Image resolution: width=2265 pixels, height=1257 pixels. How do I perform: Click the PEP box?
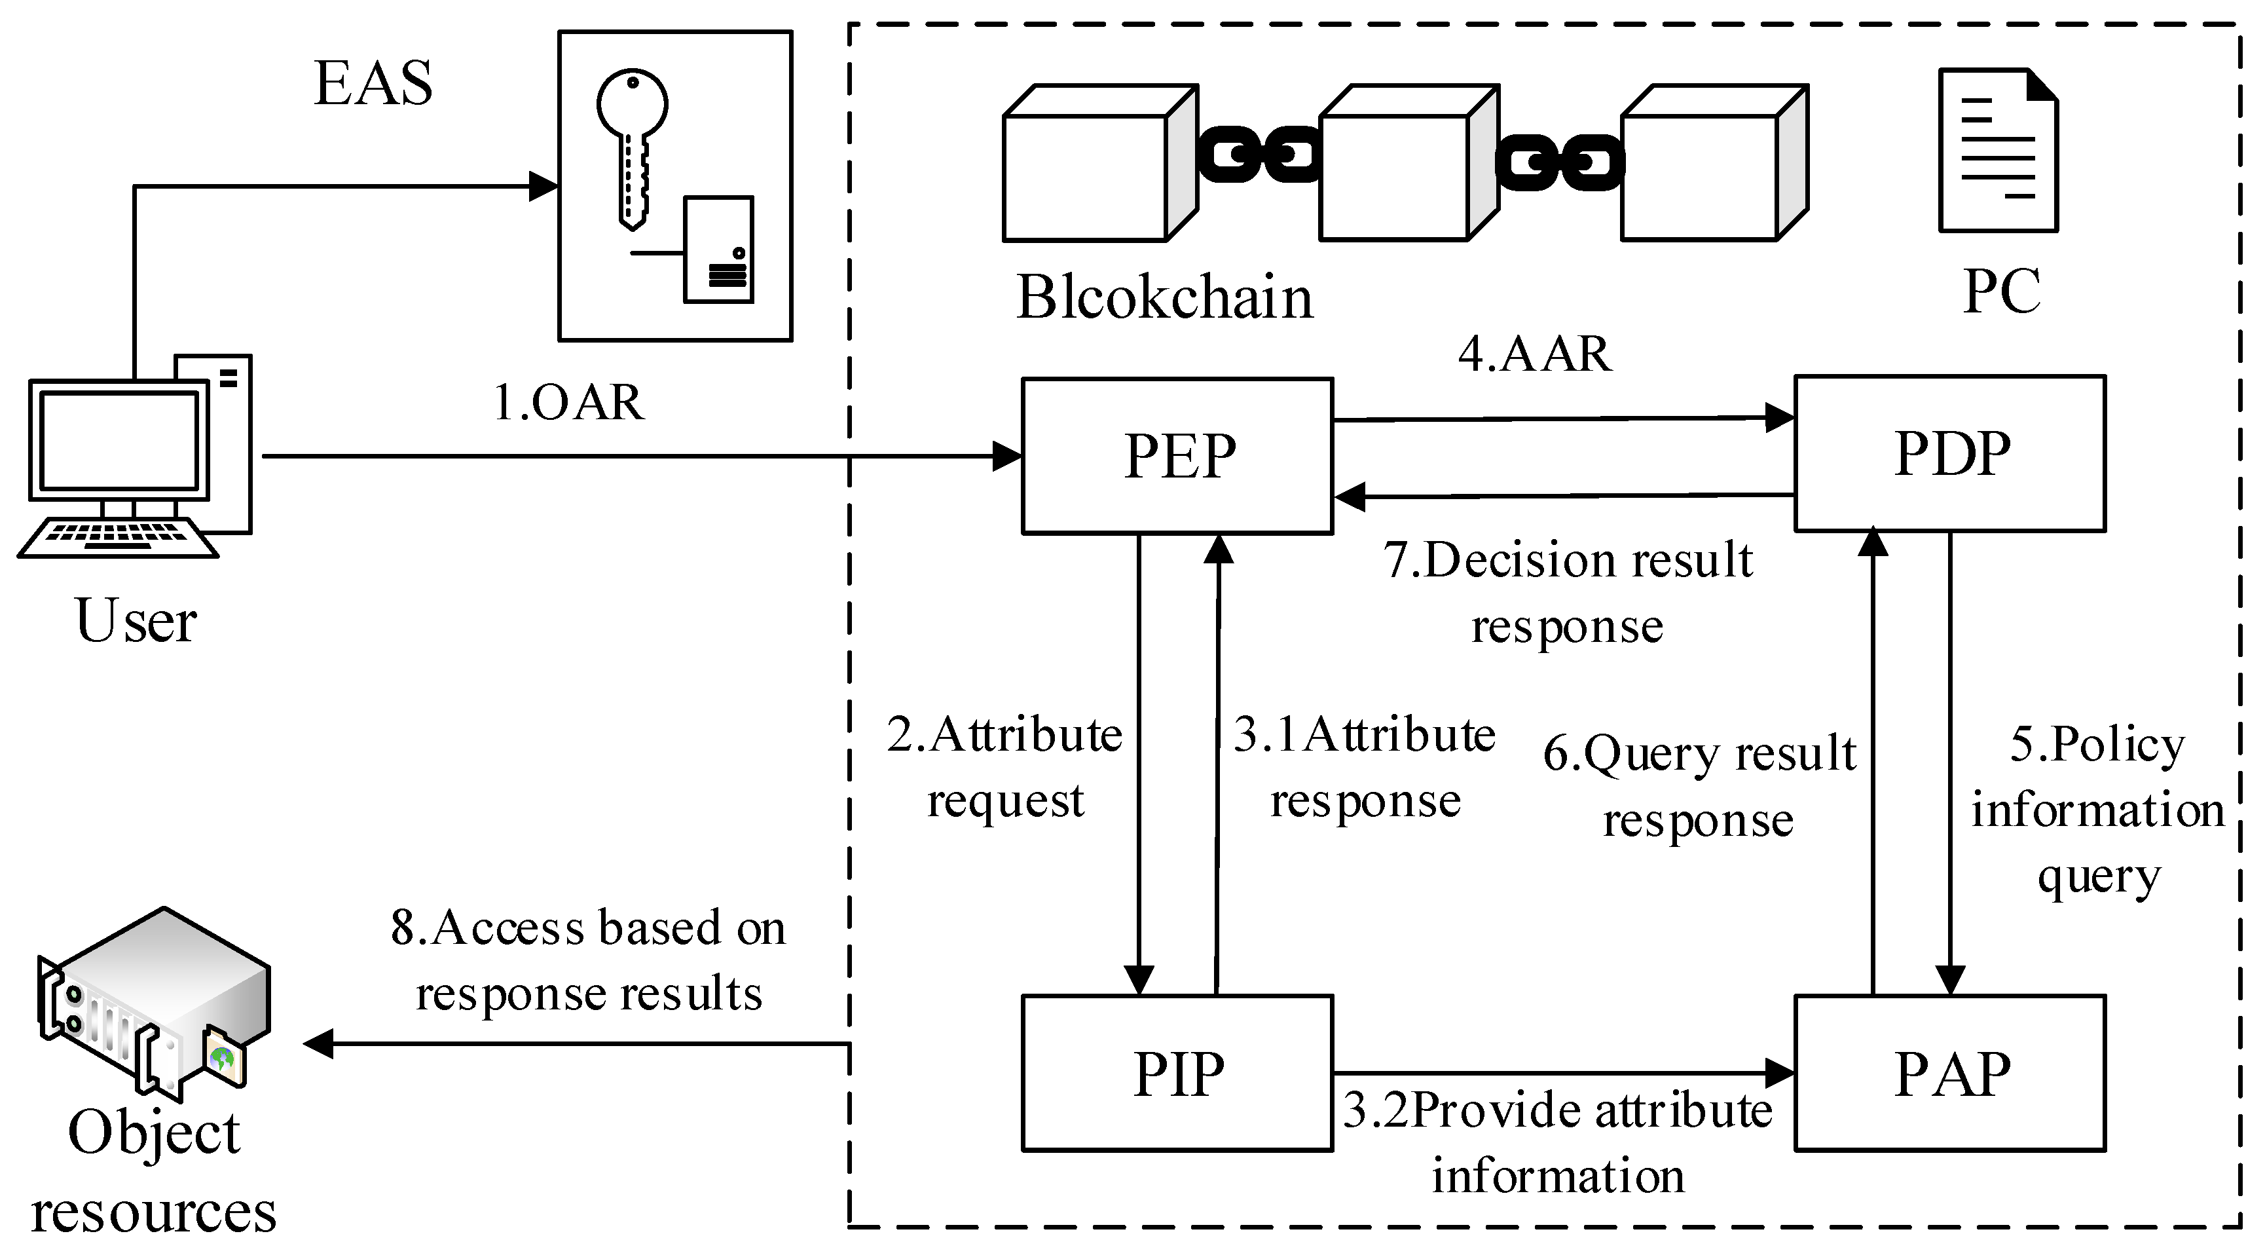click(1177, 456)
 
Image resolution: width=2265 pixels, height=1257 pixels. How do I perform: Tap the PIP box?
click(1177, 1072)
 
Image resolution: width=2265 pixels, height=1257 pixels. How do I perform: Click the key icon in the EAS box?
click(632, 145)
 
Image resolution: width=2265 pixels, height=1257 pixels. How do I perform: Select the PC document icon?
click(1998, 151)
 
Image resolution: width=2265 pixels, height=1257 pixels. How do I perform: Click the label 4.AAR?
click(1534, 354)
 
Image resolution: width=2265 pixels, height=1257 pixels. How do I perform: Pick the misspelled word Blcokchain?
click(1164, 297)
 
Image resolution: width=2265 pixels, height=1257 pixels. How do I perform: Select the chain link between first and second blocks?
click(1259, 155)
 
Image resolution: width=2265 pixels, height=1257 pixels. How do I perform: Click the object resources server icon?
click(154, 1003)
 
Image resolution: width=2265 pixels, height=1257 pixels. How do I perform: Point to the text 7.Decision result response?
click(1567, 592)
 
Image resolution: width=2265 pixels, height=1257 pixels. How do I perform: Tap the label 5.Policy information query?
click(2097, 809)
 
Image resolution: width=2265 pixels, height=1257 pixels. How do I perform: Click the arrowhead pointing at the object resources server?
click(318, 1043)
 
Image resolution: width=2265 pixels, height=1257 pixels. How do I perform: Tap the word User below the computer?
click(136, 620)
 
